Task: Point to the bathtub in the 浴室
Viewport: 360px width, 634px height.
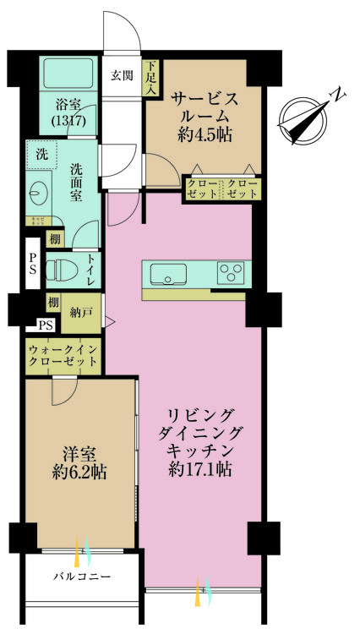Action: [x=68, y=77]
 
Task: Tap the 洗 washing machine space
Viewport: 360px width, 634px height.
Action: [x=41, y=155]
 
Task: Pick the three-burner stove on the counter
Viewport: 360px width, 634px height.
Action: [x=229, y=273]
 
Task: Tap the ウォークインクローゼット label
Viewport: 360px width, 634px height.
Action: [x=61, y=353]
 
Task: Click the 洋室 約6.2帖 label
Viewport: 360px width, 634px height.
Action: [x=82, y=462]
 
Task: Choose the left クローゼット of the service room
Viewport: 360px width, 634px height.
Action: [x=203, y=189]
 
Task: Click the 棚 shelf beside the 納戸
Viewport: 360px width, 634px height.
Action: [x=52, y=302]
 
